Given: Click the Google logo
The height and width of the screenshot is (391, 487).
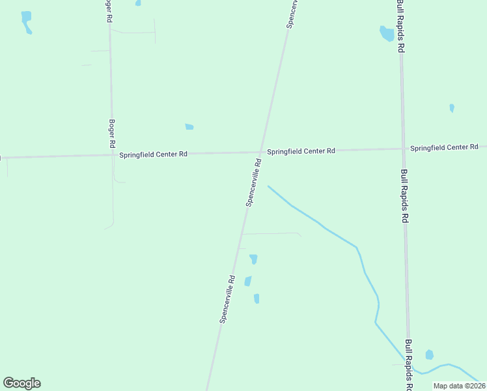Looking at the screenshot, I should point(21,383).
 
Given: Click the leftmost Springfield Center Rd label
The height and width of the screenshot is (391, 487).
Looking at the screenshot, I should point(154,154).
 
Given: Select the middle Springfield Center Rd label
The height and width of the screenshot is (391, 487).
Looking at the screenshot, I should point(301,151).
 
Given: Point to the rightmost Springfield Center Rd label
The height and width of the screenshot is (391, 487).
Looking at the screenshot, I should point(444,148).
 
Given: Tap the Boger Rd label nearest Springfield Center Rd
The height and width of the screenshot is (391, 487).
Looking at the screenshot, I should point(112,133).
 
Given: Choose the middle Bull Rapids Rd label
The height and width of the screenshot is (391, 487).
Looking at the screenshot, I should point(404,196).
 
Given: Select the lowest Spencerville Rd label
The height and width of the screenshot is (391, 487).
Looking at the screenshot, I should point(227,299).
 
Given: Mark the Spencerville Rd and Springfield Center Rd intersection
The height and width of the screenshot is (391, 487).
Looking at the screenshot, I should point(260,152).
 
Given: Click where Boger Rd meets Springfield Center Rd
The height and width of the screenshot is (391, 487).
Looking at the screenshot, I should point(111,155).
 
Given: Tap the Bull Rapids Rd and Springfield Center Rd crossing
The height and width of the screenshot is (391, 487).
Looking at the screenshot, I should point(403,149).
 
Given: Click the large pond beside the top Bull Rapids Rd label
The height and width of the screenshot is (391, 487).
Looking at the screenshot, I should point(387,33).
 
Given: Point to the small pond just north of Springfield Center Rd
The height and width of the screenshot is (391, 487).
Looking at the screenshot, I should point(189,126).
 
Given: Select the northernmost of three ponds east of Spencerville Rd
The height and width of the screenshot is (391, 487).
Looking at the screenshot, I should point(253,259).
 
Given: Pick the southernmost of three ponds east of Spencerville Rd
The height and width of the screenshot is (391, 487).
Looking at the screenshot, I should point(257,298).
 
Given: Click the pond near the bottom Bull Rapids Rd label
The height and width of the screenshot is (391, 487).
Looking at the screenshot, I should point(429,355).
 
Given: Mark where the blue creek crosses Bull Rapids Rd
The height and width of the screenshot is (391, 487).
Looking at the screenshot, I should point(410,368).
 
